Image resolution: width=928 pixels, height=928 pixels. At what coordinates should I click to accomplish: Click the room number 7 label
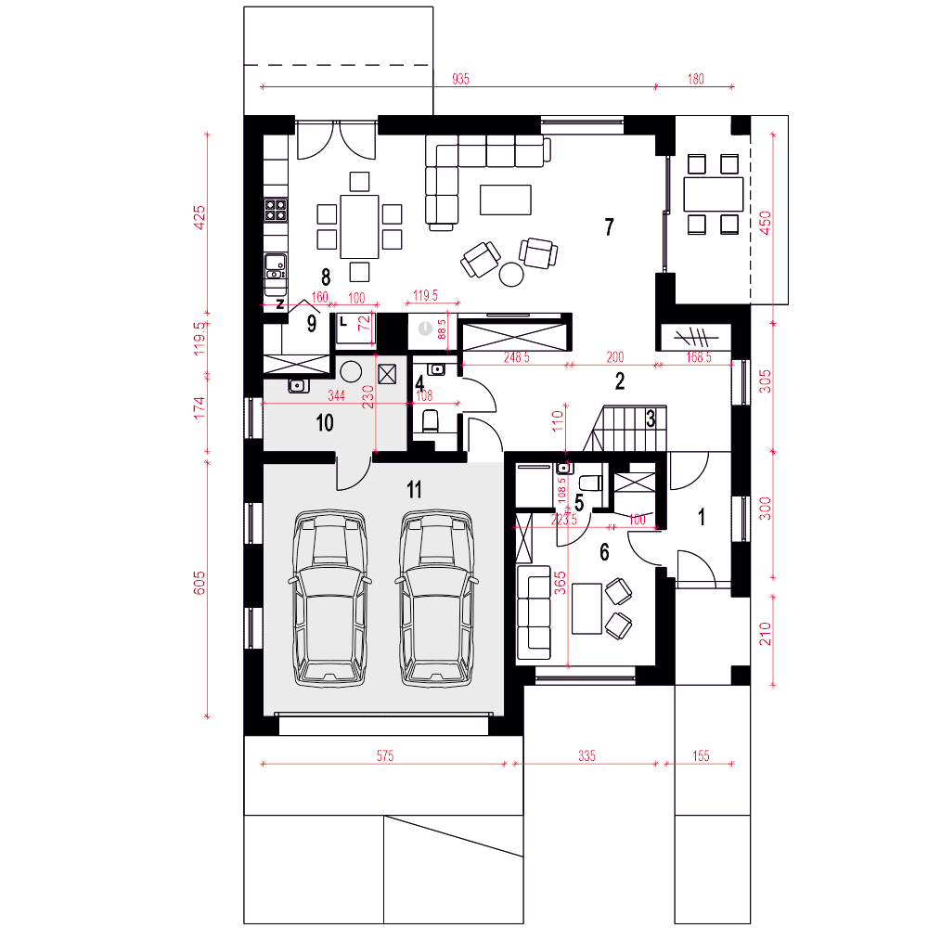click(x=609, y=226)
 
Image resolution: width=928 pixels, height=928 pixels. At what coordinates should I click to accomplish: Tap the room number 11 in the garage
click(x=414, y=489)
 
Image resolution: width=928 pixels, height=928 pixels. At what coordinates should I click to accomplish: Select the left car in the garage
click(x=329, y=599)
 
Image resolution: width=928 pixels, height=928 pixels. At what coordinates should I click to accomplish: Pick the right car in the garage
click(x=437, y=599)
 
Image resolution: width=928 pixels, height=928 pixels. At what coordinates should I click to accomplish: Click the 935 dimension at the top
click(x=460, y=79)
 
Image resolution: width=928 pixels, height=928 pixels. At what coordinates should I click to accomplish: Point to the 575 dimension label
click(x=385, y=755)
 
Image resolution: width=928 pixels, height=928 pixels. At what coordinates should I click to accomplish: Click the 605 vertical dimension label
click(x=200, y=583)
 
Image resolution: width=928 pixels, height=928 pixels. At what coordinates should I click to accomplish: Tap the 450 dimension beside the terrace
click(x=765, y=223)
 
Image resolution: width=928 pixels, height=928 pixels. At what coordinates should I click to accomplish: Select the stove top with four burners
click(x=276, y=210)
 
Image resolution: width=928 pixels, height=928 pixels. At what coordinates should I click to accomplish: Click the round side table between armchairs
click(x=511, y=274)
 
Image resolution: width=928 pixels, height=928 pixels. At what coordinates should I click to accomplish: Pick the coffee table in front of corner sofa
click(x=506, y=200)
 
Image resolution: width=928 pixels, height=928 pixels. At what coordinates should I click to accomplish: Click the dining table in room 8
click(x=359, y=226)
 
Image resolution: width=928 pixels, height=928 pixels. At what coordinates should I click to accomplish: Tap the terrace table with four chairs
click(x=713, y=194)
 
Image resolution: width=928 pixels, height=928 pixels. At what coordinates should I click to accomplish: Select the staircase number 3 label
click(x=651, y=419)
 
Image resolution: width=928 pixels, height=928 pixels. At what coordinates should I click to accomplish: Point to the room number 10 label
click(x=324, y=422)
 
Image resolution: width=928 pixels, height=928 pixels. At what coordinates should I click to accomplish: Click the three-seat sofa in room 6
click(x=534, y=612)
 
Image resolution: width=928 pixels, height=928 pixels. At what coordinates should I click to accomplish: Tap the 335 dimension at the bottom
click(x=586, y=755)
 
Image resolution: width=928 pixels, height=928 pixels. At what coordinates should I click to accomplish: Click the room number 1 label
click(x=702, y=517)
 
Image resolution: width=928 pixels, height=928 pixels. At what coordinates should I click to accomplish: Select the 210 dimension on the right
click(x=766, y=633)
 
